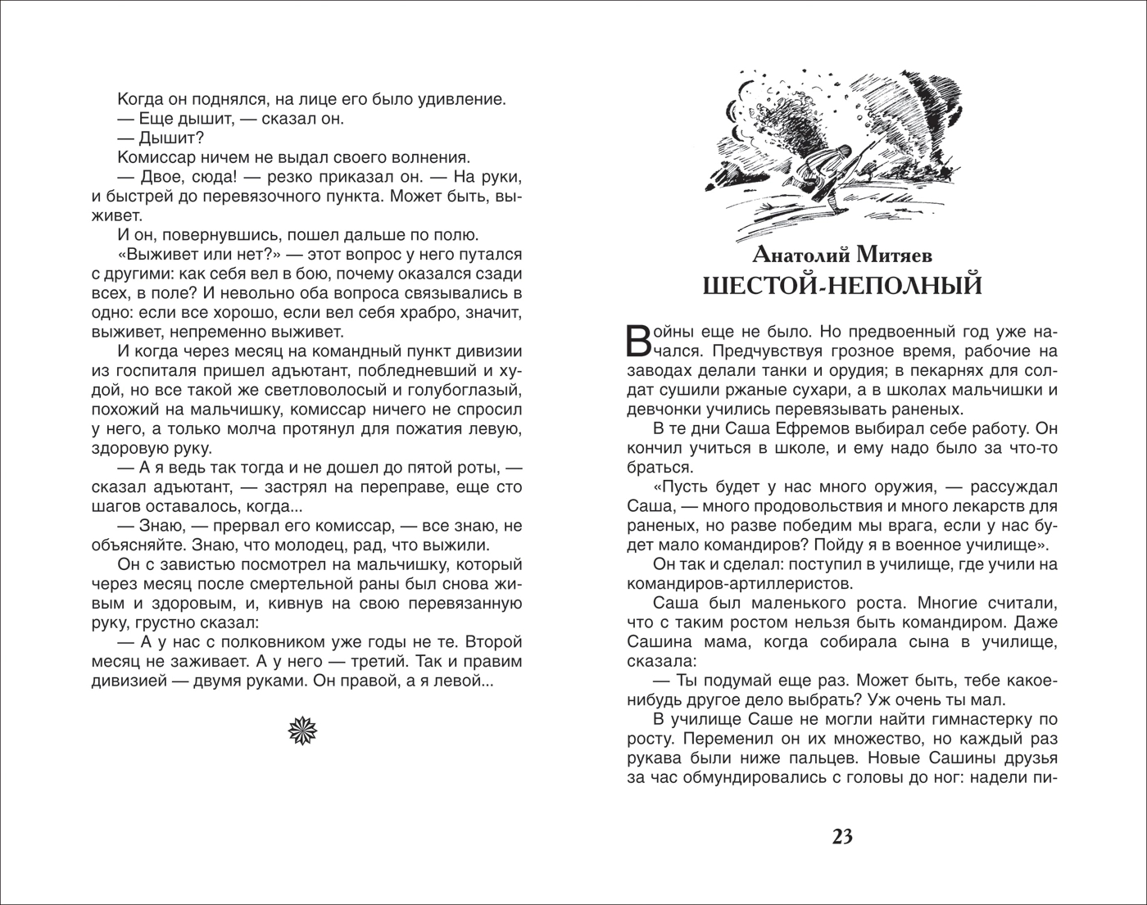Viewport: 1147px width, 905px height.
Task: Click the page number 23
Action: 842,836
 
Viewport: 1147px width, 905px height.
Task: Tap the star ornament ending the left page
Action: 302,728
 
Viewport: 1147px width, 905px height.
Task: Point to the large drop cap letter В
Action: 640,342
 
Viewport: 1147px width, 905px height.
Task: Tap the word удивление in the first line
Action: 460,99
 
